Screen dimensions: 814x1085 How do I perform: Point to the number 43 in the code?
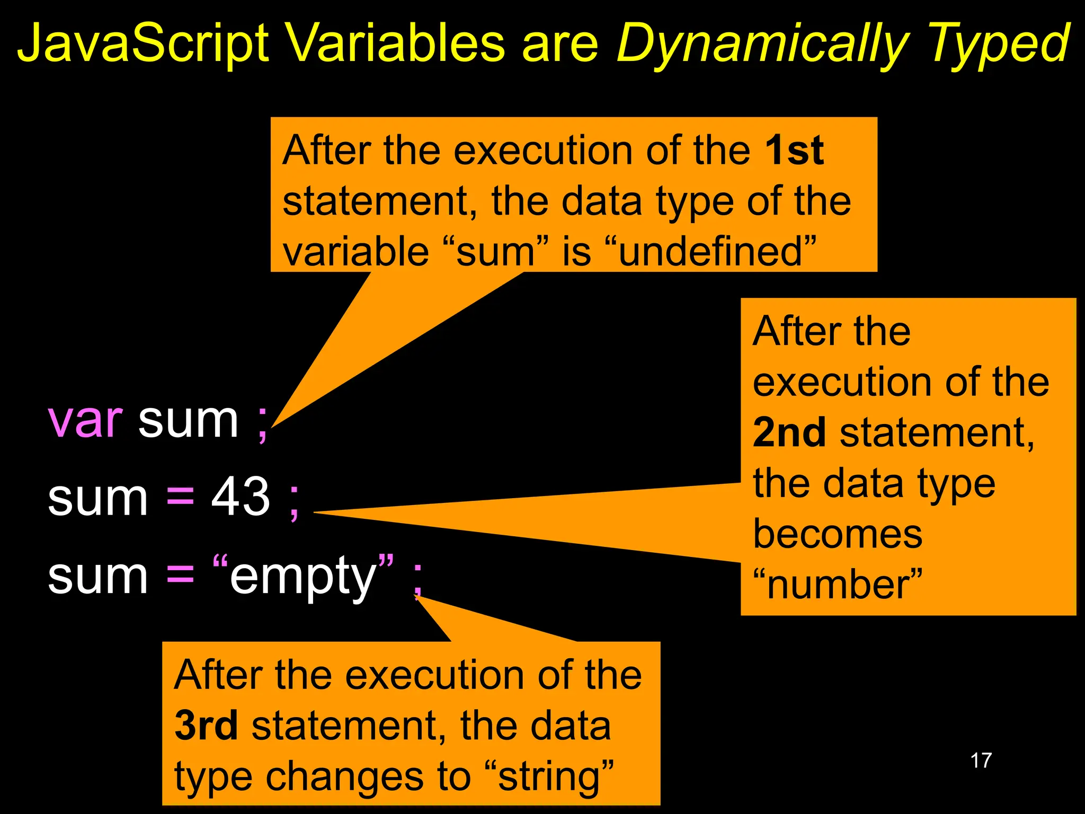241,497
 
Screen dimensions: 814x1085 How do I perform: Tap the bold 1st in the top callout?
795,151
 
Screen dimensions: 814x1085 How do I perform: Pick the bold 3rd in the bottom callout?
206,726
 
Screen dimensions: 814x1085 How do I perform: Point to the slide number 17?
981,761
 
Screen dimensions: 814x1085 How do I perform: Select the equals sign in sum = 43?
180,498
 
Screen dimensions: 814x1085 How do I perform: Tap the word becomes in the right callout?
838,534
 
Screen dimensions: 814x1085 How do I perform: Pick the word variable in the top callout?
355,252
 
